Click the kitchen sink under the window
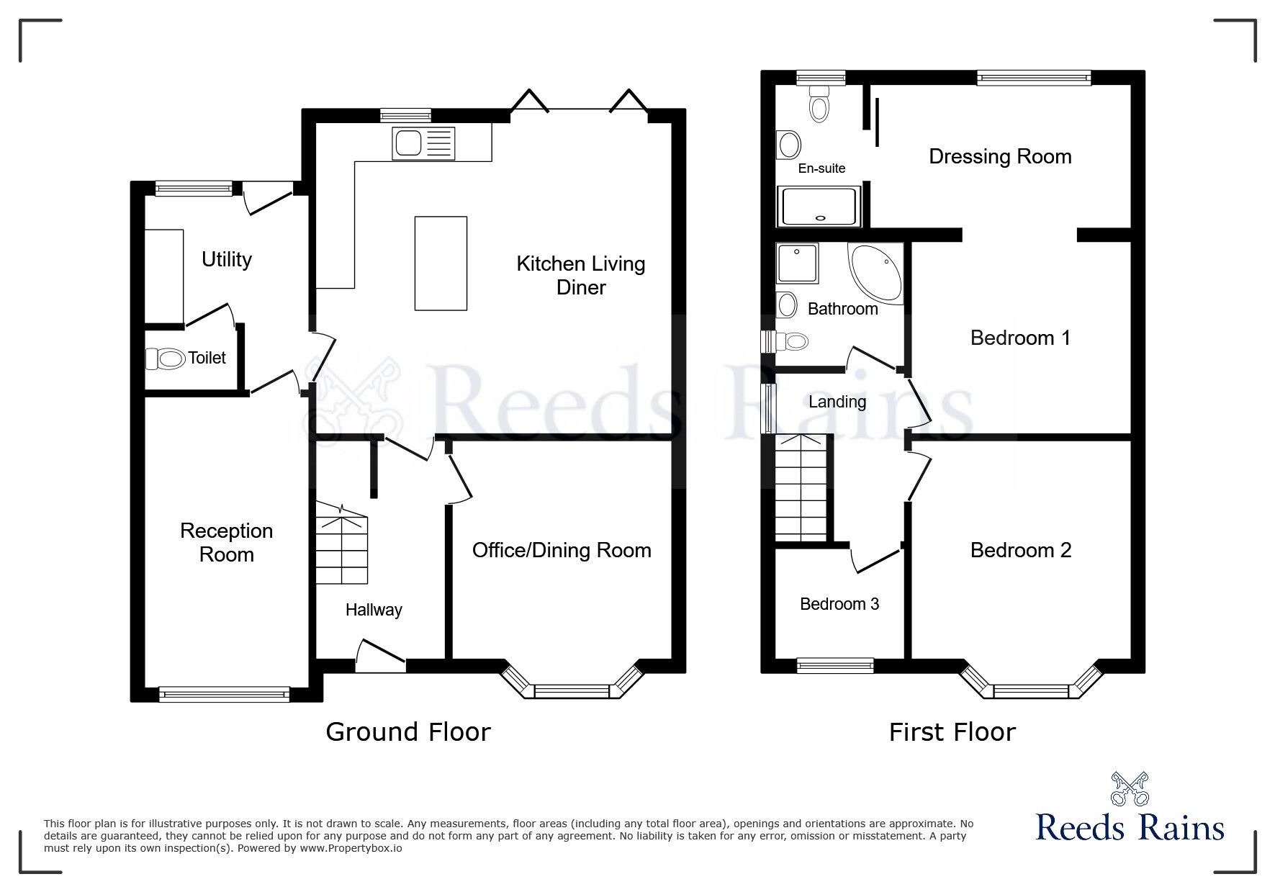[x=424, y=143]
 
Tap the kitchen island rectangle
[x=441, y=263]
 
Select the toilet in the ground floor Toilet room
[x=166, y=358]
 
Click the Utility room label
[x=227, y=259]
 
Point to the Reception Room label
[x=227, y=542]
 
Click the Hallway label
[x=374, y=610]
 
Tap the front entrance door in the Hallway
[x=381, y=655]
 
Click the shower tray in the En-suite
[x=819, y=206]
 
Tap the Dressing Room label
[x=1000, y=156]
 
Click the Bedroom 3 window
[x=835, y=665]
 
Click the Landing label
[x=837, y=402]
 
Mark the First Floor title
[x=952, y=732]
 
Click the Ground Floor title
[x=408, y=731]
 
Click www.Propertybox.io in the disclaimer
[x=351, y=848]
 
